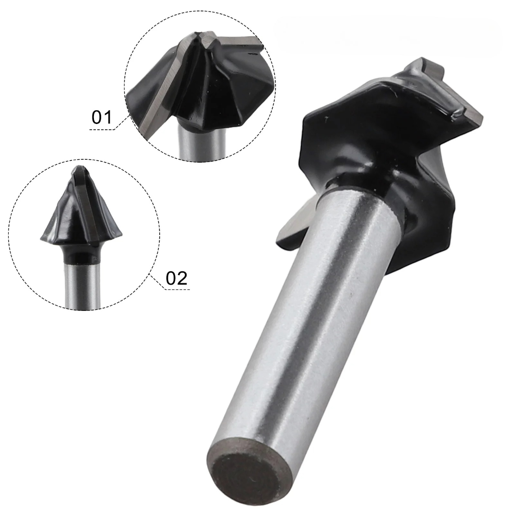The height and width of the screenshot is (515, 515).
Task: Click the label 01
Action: click(x=102, y=117)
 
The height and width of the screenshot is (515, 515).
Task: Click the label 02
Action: click(x=176, y=278)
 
